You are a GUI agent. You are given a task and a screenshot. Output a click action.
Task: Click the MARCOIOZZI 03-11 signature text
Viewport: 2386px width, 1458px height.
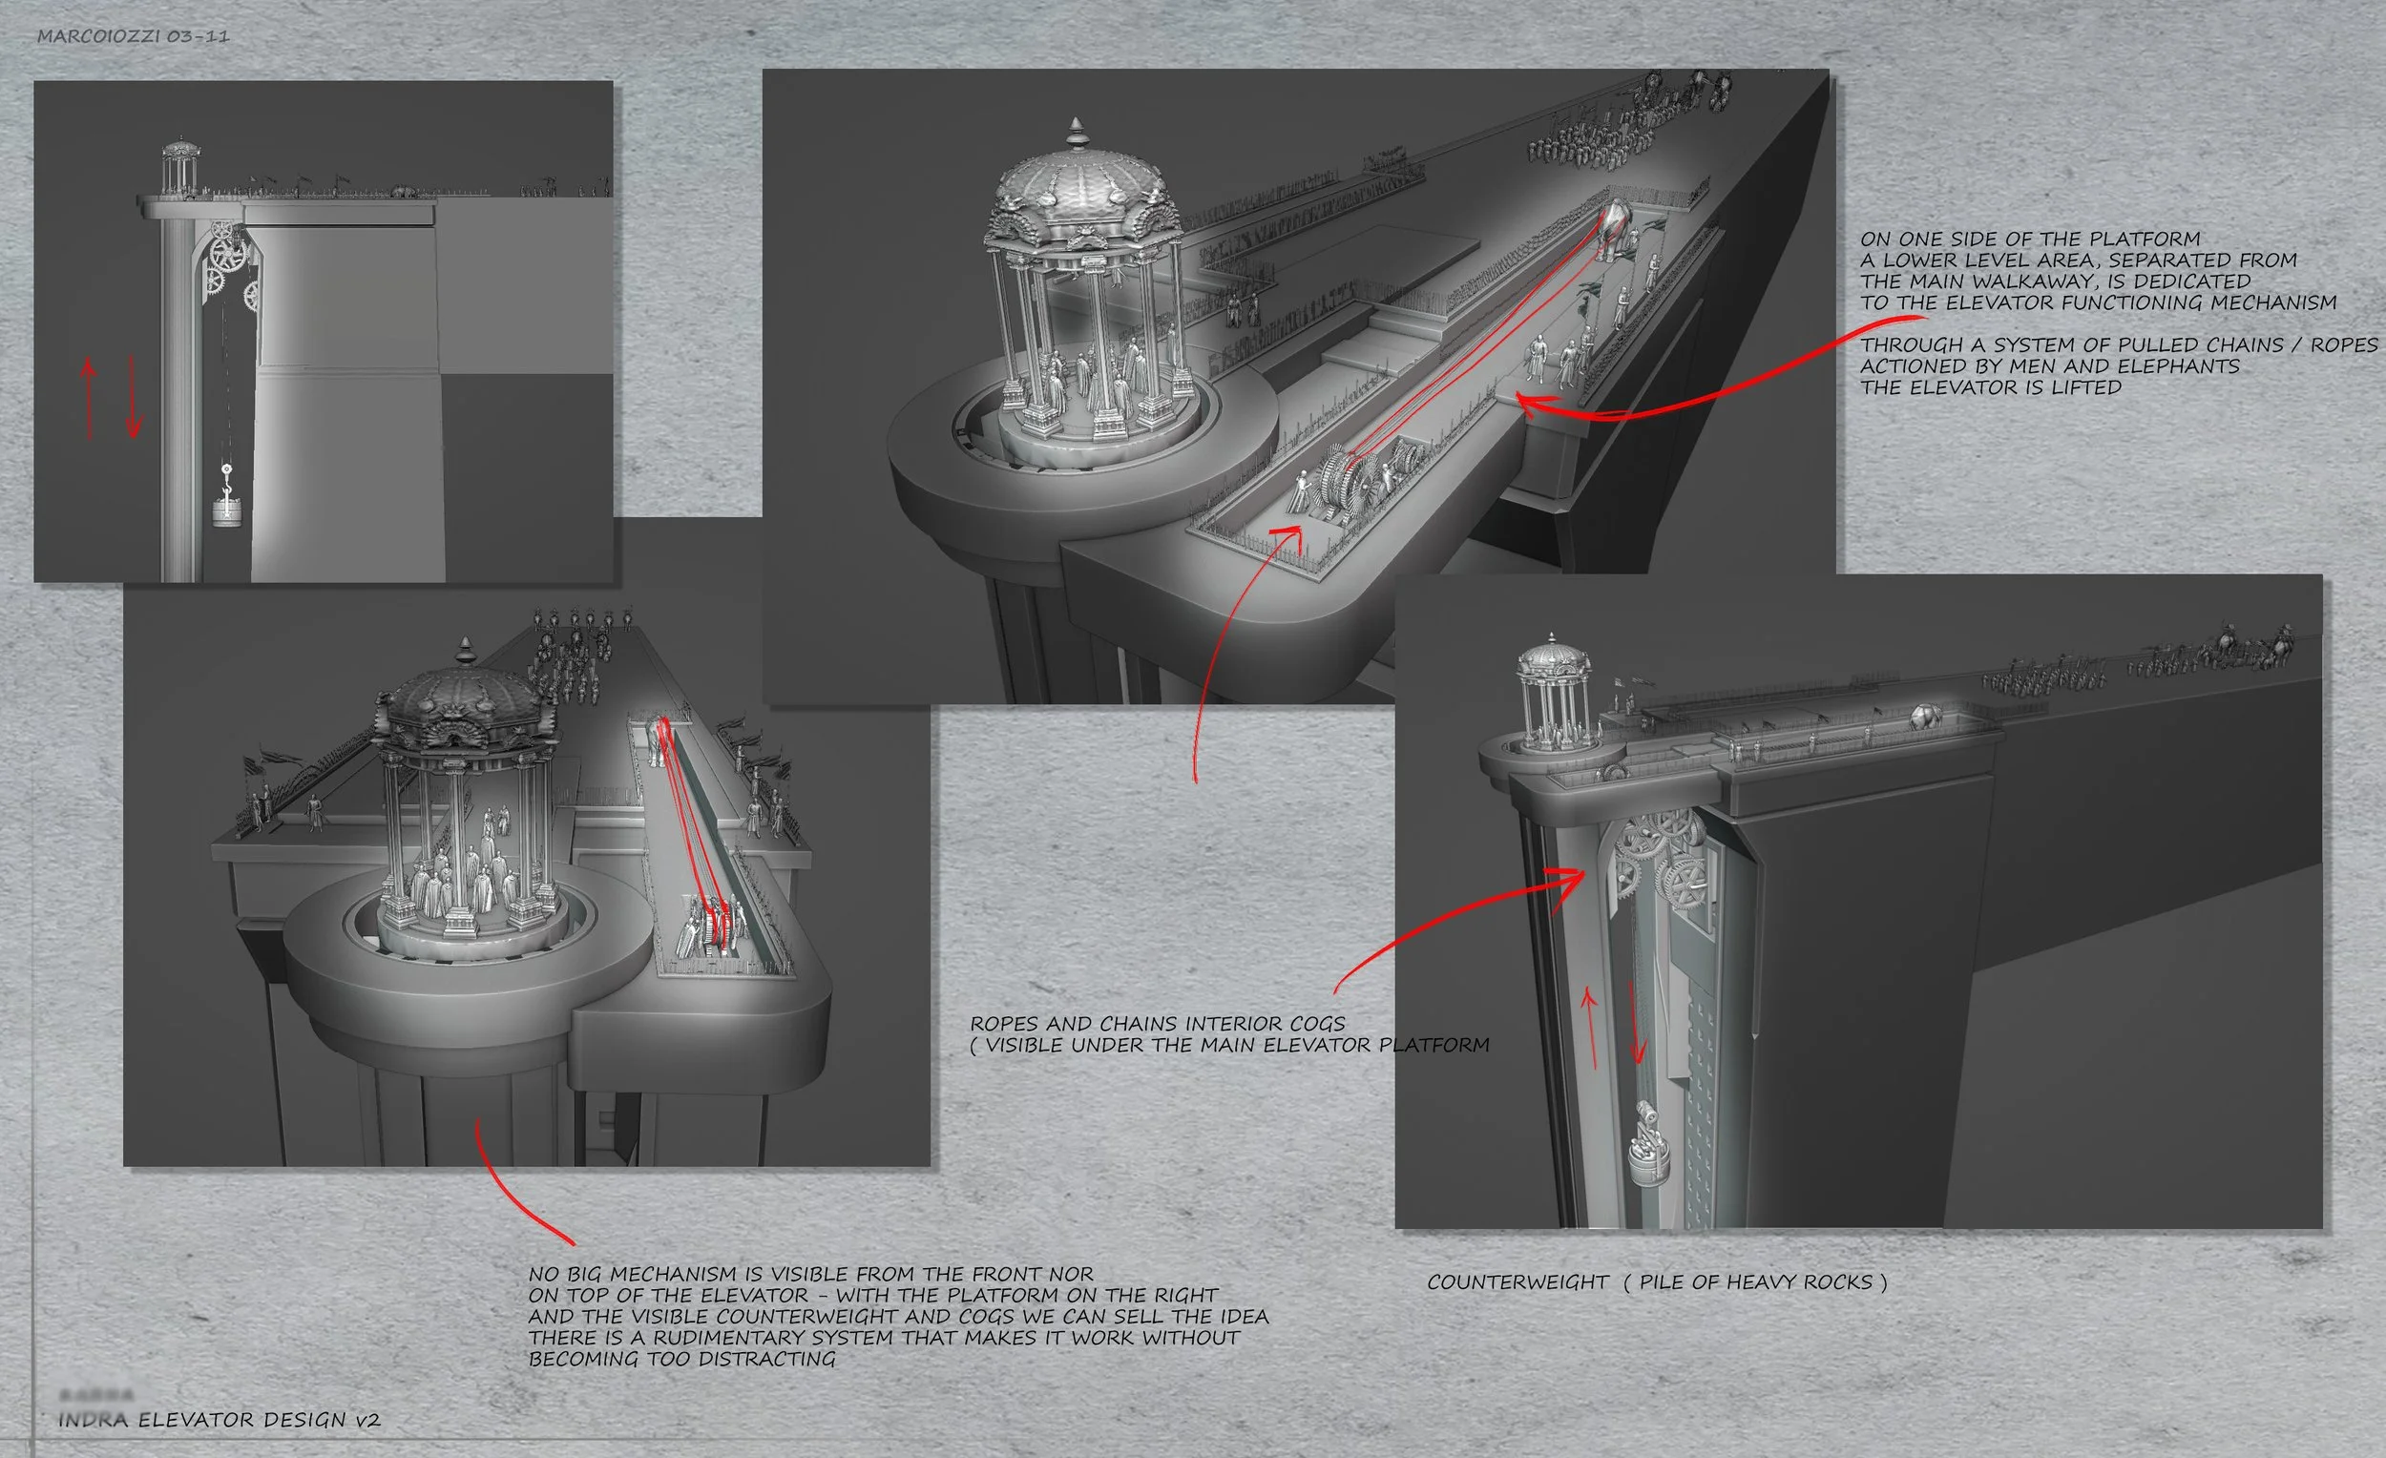[x=133, y=37]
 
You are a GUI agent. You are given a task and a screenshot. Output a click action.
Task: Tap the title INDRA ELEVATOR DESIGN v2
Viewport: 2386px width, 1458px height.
[x=219, y=1420]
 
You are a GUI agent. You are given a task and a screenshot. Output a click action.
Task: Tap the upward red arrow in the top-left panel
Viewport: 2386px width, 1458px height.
[x=89, y=397]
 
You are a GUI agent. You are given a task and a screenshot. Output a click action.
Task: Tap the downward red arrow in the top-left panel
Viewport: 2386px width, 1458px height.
[x=134, y=397]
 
